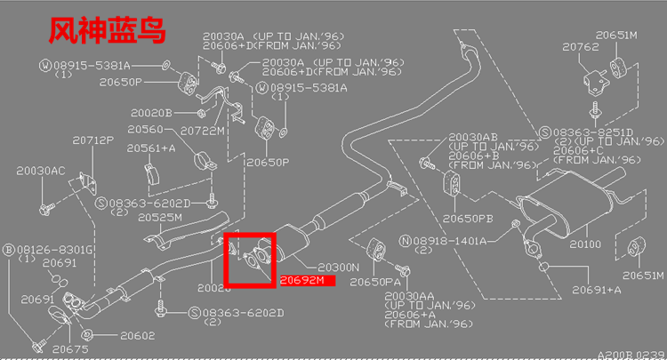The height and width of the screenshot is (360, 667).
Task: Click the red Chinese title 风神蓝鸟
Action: [x=106, y=33]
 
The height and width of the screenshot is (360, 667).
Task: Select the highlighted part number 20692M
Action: [x=302, y=279]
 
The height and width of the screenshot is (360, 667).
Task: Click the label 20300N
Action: [x=338, y=267]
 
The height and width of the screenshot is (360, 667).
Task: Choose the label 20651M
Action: [x=617, y=35]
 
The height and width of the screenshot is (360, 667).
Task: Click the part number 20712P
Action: [x=92, y=140]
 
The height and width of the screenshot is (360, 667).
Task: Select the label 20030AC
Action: [x=42, y=169]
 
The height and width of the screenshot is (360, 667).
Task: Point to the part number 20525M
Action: [x=160, y=218]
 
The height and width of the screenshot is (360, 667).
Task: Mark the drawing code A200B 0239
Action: [x=630, y=353]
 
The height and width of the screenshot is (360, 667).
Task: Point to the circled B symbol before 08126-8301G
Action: [x=9, y=250]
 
